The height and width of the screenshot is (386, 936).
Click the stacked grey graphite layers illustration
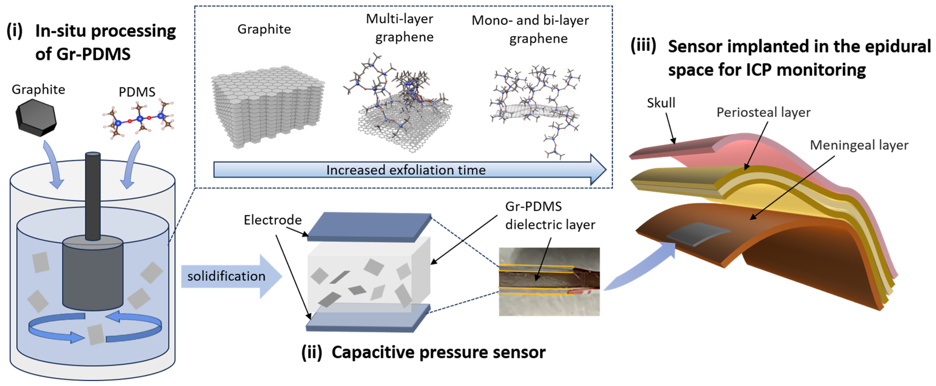(267, 107)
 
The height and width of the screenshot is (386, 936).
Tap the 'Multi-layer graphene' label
(400, 28)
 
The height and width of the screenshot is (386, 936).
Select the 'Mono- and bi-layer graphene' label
(531, 29)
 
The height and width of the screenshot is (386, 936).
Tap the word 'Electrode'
(272, 220)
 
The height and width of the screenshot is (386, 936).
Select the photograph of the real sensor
(549, 282)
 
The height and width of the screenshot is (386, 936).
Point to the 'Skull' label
(660, 103)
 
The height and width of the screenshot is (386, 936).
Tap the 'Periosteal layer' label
(763, 112)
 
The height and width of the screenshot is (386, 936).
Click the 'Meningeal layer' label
(859, 145)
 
